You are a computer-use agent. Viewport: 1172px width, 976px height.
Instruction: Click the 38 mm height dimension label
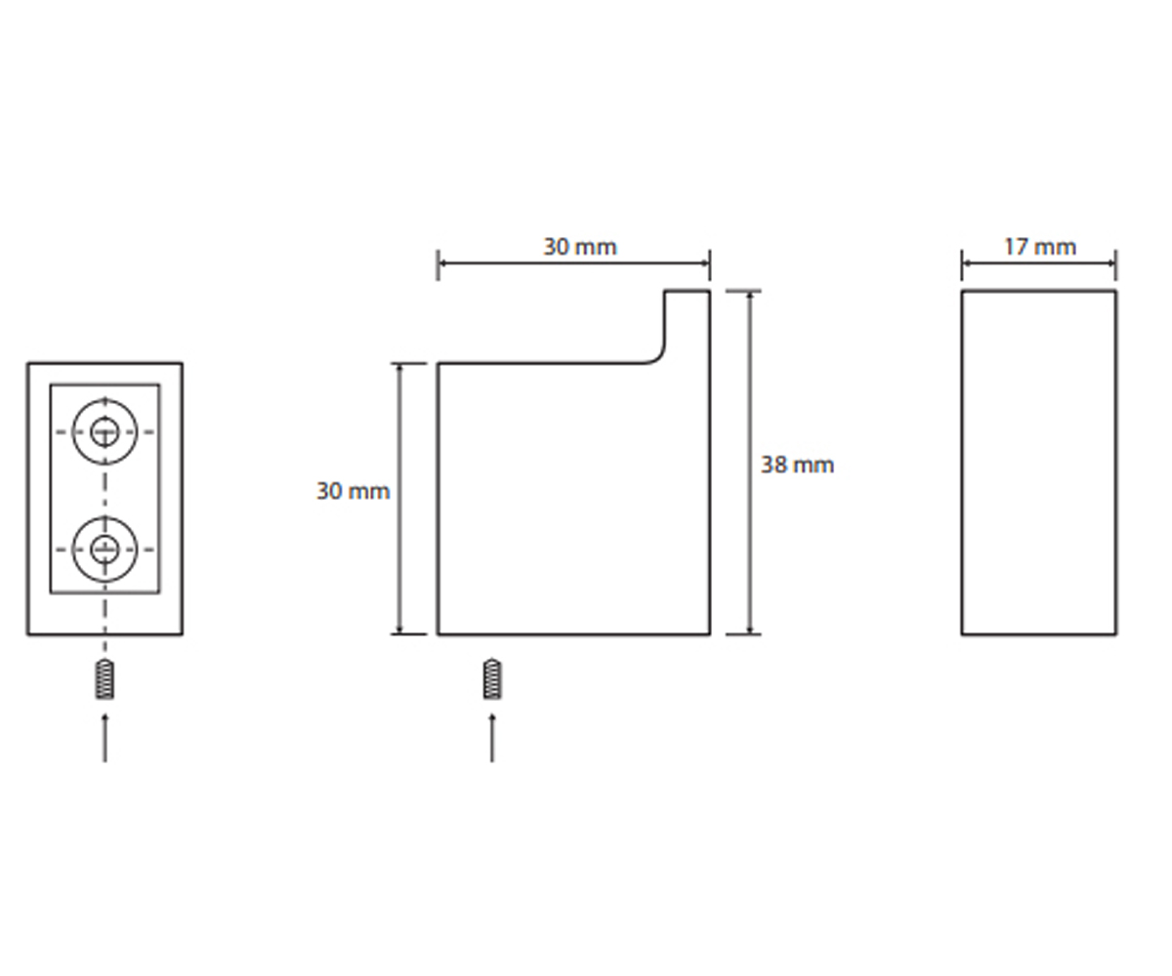(x=797, y=465)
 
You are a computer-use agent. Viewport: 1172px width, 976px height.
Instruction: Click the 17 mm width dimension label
(x=1039, y=247)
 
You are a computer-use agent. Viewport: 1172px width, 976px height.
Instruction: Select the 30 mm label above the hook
(x=580, y=247)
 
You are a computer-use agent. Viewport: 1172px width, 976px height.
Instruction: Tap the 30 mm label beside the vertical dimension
(x=353, y=491)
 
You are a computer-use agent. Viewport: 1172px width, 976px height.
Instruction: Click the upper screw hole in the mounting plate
(x=105, y=432)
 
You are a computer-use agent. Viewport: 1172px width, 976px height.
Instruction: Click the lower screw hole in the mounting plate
(x=105, y=549)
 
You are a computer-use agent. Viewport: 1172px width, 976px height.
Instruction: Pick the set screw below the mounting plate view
(x=105, y=679)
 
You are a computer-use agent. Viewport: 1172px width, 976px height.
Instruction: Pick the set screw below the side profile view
(x=492, y=679)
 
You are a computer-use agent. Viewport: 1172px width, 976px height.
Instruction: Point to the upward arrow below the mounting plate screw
(x=105, y=738)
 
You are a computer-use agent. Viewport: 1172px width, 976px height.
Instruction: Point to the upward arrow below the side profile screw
(x=492, y=738)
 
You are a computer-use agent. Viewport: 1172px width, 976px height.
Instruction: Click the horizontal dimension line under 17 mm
(x=1039, y=264)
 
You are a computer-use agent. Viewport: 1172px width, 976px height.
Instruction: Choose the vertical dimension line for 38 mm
(x=750, y=463)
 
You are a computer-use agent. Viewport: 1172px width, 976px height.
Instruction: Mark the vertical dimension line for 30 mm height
(x=399, y=499)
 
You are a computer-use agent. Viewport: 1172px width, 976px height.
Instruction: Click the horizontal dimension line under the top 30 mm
(x=573, y=264)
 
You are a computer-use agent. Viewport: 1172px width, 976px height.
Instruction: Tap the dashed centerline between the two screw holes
(x=105, y=491)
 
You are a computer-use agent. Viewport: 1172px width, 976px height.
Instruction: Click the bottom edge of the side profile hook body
(x=573, y=634)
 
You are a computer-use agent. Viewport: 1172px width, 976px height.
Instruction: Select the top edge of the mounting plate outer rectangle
(x=105, y=363)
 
